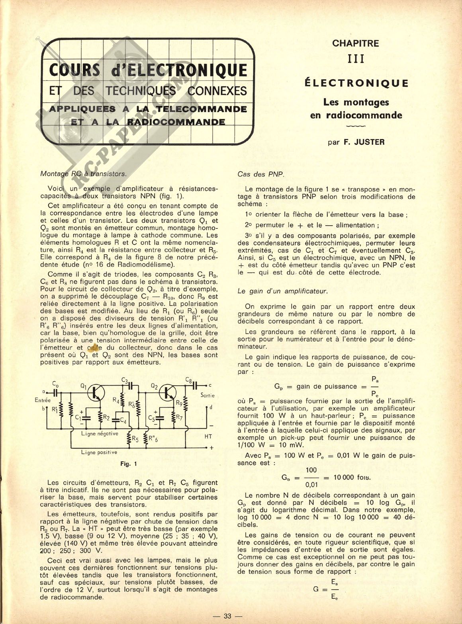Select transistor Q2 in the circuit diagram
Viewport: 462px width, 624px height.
coord(167,393)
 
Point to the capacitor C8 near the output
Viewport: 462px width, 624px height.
coord(195,386)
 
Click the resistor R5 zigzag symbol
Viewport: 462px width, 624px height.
coord(129,439)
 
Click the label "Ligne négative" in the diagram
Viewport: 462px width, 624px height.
coord(100,433)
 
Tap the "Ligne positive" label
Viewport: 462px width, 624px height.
coord(99,452)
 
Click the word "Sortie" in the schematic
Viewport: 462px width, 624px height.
coord(208,395)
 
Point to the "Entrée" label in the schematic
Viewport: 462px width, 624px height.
coord(43,400)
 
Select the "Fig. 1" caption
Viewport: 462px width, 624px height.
coord(129,464)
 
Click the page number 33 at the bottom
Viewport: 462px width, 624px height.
coord(227,616)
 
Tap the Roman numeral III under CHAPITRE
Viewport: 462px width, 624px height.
coord(356,59)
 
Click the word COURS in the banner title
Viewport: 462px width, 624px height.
coord(75,70)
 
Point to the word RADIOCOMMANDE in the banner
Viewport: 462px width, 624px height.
coord(176,122)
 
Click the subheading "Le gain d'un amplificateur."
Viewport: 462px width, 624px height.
coord(283,291)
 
